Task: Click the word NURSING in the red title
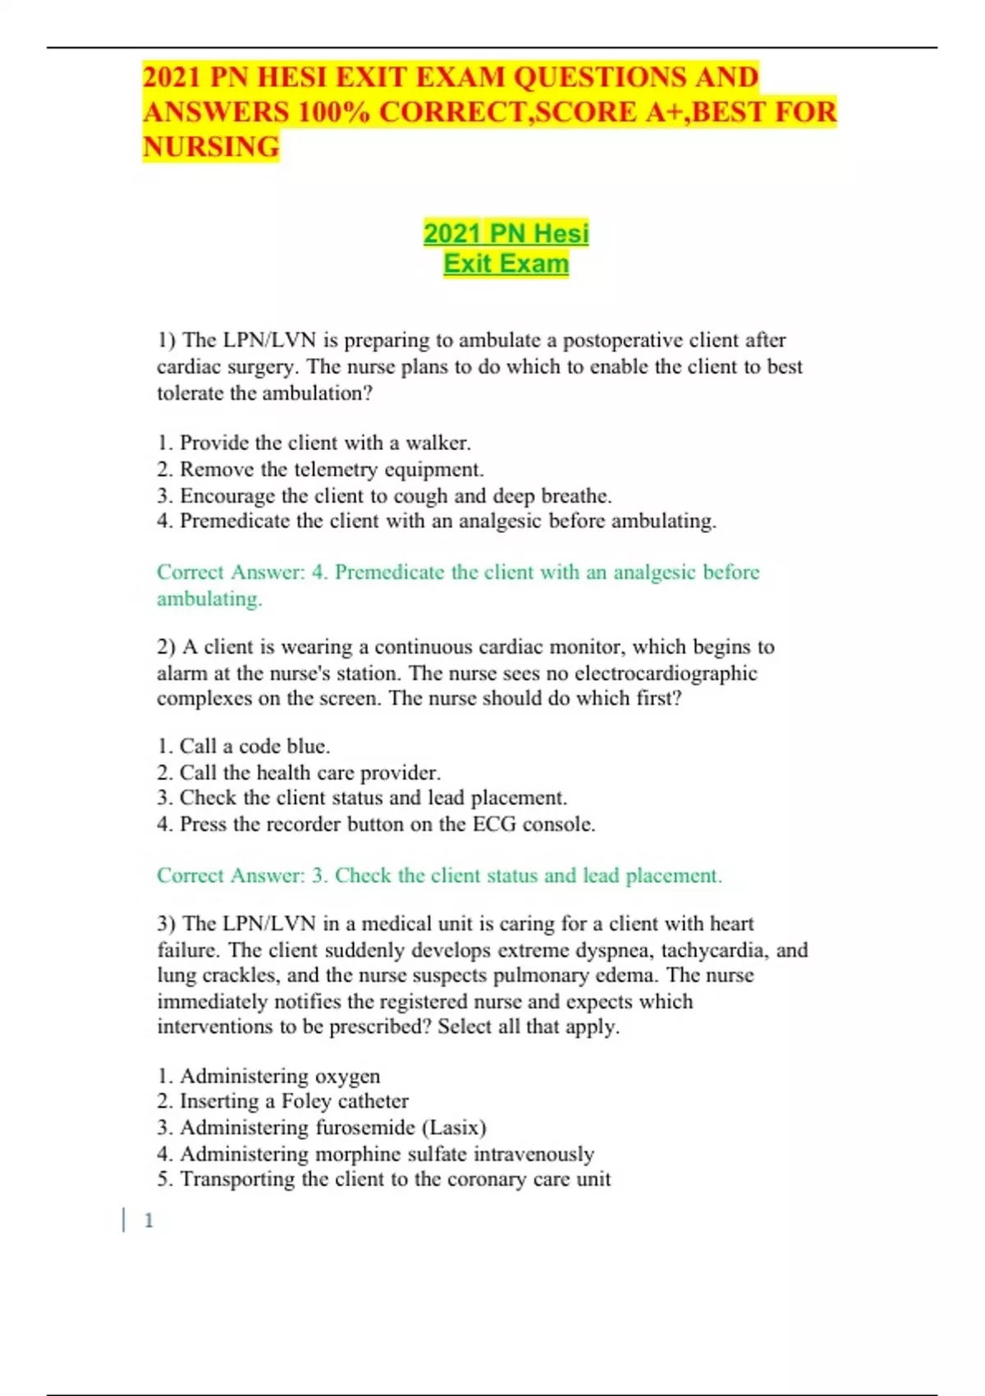coord(211,147)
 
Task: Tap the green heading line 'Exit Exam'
coord(506,264)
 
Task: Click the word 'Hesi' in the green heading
coord(561,233)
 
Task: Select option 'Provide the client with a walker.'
coord(314,443)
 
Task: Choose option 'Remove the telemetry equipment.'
coord(321,470)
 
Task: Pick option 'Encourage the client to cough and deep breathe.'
coord(385,496)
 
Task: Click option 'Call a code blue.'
coord(244,746)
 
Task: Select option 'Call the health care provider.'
coord(300,773)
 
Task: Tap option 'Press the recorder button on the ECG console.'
coord(377,824)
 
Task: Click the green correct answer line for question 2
coord(439,876)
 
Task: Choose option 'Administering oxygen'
coord(269,1076)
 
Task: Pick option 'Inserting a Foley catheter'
coord(283,1101)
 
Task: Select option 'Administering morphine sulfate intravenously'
coord(376,1154)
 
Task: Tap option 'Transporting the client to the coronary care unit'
coord(384,1179)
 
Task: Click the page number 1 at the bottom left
coord(149,1221)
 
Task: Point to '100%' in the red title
coord(333,113)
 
